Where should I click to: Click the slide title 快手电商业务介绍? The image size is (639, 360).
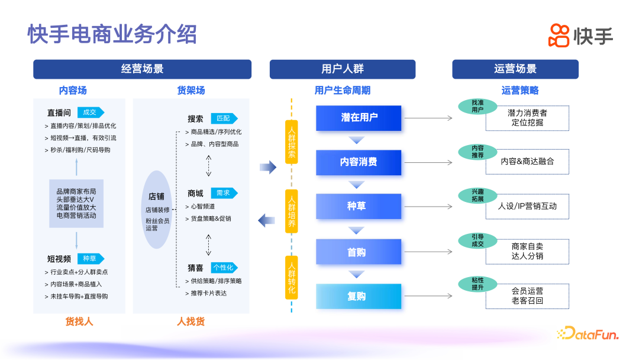[x=112, y=34]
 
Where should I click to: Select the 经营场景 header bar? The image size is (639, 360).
[x=142, y=69]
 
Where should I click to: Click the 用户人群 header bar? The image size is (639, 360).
[x=342, y=69]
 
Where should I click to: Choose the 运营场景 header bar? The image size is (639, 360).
[x=515, y=69]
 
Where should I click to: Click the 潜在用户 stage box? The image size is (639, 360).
[x=359, y=118]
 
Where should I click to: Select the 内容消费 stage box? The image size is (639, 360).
[x=359, y=162]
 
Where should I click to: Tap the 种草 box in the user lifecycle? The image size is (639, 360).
[x=356, y=206]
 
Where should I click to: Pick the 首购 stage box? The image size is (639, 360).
[x=356, y=252]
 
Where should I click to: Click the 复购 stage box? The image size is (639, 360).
[x=356, y=297]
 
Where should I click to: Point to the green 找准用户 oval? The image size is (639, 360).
[x=477, y=106]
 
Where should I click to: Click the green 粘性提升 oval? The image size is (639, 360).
[x=477, y=284]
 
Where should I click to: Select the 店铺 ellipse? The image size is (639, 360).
[x=157, y=210]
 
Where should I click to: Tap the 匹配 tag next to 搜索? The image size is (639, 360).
[x=224, y=118]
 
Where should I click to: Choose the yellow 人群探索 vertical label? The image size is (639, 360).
[x=292, y=142]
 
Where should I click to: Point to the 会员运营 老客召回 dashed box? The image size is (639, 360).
[x=527, y=296]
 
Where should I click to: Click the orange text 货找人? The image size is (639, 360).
[x=79, y=322]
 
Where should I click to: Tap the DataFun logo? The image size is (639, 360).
[x=587, y=334]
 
